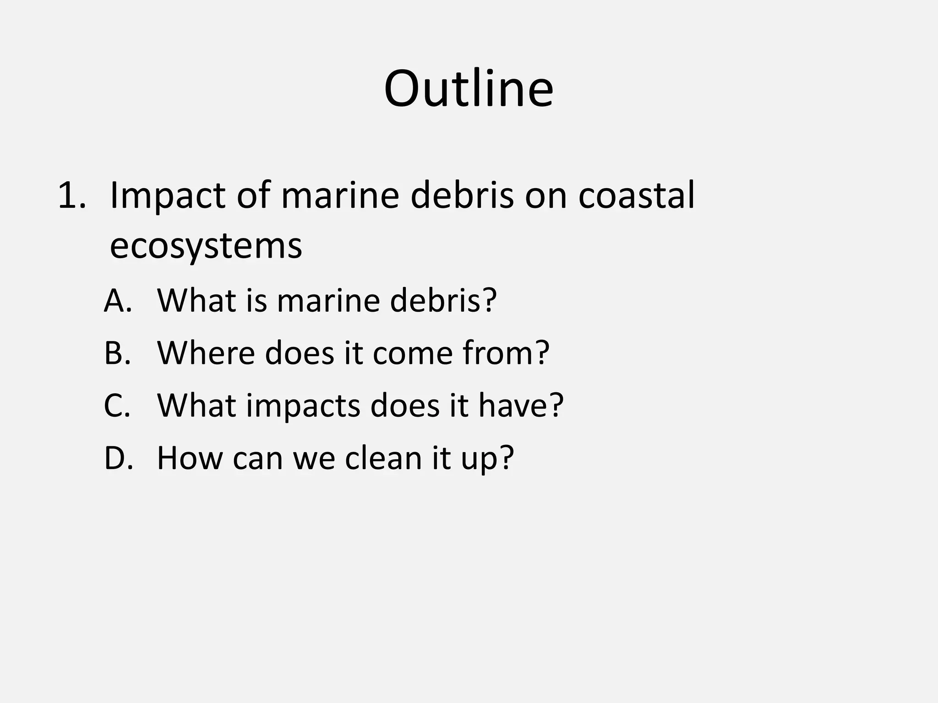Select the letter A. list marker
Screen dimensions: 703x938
(118, 301)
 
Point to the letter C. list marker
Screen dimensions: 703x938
(117, 406)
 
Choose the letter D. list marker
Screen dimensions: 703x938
(119, 458)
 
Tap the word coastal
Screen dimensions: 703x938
(636, 195)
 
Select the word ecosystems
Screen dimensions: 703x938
(206, 247)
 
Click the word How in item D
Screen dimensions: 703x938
(189, 458)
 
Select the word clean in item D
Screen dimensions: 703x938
(383, 458)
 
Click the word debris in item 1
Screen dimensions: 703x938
(462, 195)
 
